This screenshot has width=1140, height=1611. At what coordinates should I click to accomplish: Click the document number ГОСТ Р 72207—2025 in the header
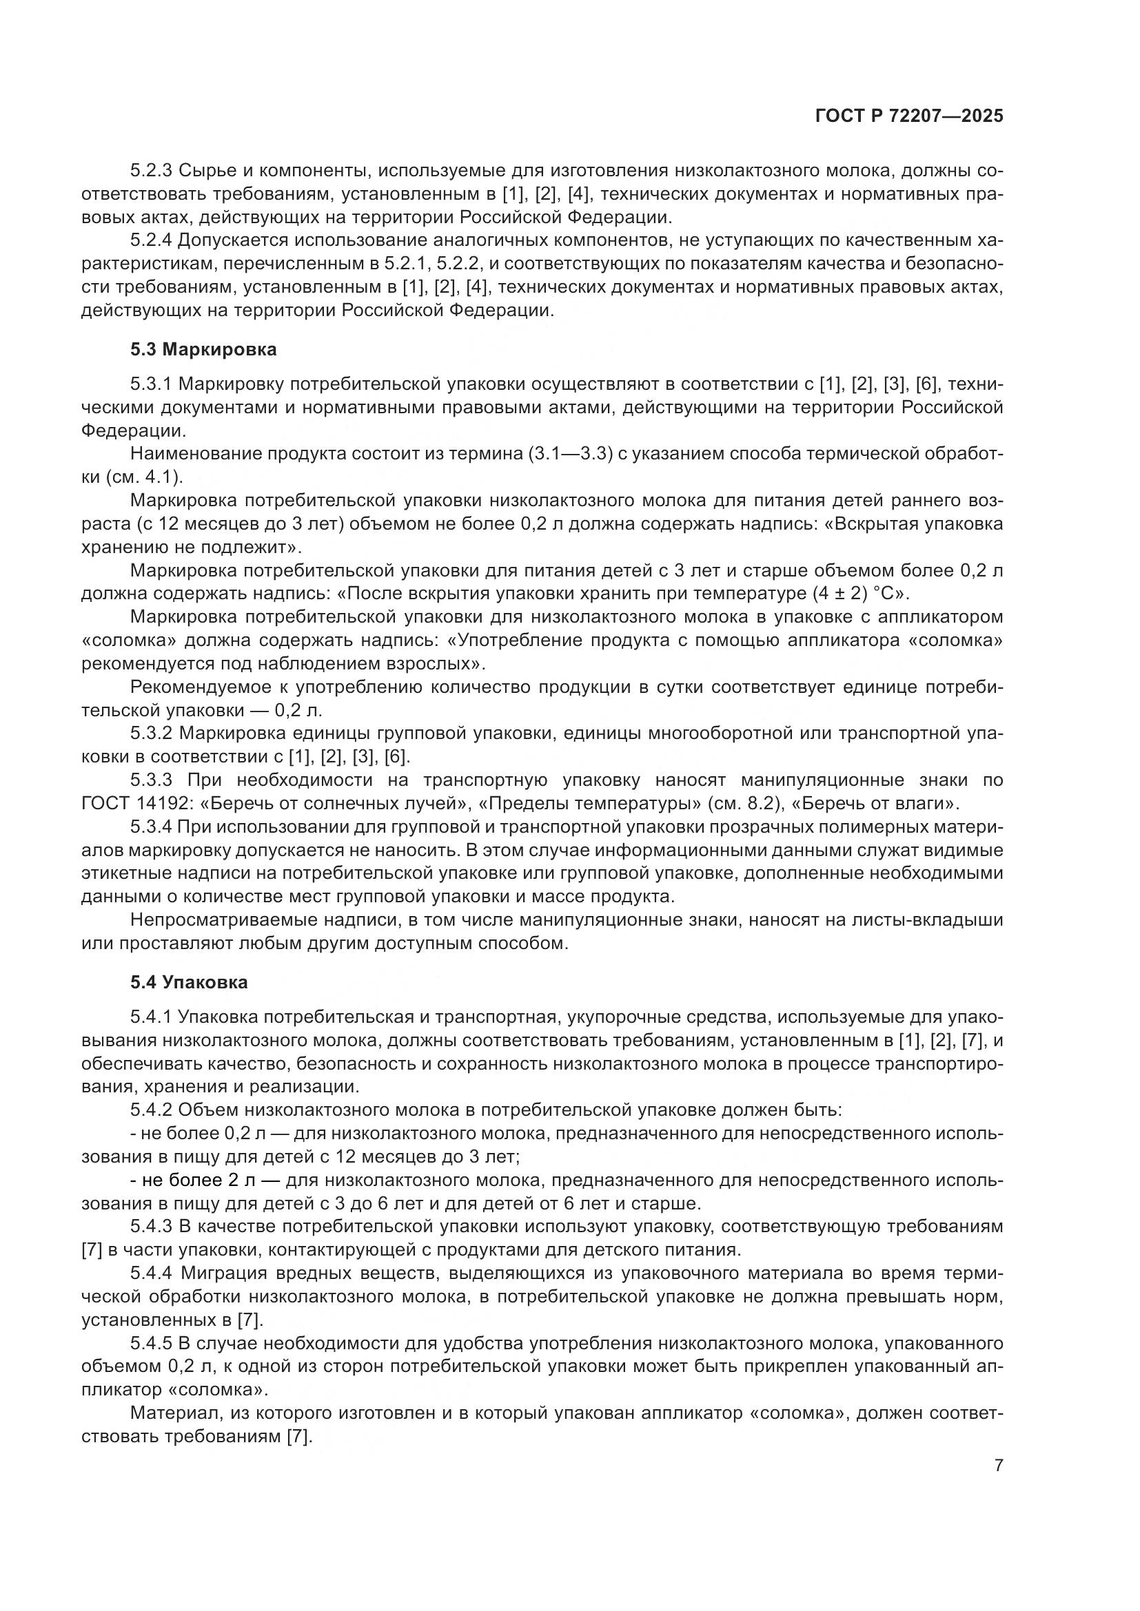click(x=909, y=116)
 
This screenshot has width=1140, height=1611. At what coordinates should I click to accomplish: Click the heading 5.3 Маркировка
click(x=203, y=349)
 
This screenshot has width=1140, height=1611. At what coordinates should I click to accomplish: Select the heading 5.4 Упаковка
click(x=189, y=982)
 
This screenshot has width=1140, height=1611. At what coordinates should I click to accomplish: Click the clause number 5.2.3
click(x=151, y=171)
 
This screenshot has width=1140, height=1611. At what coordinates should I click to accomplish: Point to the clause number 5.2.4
click(x=151, y=240)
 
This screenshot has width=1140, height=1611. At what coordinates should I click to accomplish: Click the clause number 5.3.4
click(x=151, y=827)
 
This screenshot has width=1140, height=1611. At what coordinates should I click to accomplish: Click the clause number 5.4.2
click(x=151, y=1110)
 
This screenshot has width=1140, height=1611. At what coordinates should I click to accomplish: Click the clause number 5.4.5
click(x=151, y=1343)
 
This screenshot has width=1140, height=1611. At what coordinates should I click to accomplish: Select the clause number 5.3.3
click(x=151, y=780)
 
